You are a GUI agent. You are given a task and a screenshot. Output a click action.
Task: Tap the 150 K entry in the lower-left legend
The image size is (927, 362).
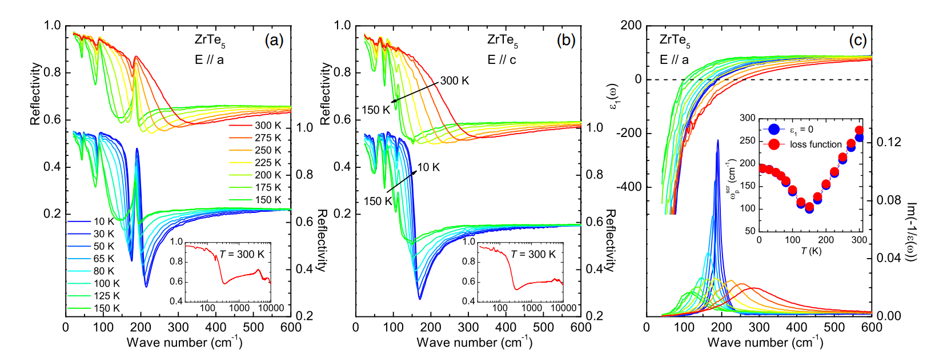coord(106,308)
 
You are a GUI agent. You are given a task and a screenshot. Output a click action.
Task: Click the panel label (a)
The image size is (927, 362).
coord(274,40)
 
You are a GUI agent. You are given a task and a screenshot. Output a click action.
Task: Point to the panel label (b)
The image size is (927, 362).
coord(566,40)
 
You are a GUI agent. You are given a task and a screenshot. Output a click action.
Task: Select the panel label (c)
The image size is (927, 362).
coord(857,40)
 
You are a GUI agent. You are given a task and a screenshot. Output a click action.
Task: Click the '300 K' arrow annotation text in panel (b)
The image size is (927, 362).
coord(455,81)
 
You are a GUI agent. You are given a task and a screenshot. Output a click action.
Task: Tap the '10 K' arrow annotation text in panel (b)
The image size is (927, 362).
coord(428,167)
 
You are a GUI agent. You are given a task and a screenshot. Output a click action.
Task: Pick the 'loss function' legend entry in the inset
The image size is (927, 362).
coord(816,144)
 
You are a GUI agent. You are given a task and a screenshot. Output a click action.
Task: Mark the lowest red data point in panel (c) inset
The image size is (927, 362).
coord(809,207)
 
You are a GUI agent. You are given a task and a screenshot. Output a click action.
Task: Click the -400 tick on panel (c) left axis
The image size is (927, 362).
coord(629,187)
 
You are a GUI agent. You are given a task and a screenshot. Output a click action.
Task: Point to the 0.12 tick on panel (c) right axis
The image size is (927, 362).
coord(889,142)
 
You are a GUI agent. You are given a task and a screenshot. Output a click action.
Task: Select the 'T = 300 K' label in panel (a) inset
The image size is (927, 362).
coord(242,254)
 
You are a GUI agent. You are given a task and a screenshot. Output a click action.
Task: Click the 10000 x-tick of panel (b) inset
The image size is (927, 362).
coord(563,308)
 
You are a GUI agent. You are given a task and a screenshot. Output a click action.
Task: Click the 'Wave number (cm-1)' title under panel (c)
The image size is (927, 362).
coord(765,343)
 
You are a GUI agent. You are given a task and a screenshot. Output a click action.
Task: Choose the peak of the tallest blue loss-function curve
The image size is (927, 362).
coord(718,140)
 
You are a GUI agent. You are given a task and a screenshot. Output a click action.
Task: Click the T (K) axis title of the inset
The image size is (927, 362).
coord(810,251)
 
